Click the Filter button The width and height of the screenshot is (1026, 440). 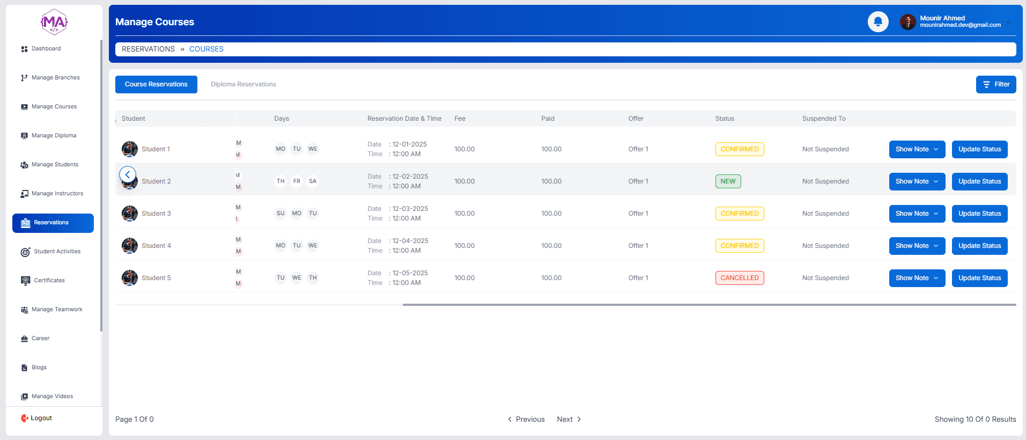[995, 84]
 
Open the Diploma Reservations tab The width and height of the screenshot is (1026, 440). [243, 84]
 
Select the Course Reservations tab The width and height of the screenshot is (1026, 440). [156, 84]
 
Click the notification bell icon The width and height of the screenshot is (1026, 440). [878, 22]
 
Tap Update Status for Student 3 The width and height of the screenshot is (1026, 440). [979, 214]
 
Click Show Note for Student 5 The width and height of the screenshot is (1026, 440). [917, 278]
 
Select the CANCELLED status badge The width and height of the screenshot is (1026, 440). [739, 278]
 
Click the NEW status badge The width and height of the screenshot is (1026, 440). [728, 181]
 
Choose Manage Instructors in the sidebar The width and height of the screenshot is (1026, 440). [57, 194]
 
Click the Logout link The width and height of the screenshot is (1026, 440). [41, 418]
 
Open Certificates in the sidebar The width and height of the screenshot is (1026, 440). [49, 281]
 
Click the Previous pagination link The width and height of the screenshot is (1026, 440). [526, 419]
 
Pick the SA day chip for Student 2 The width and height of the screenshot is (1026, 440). [313, 181]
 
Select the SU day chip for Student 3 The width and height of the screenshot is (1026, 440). [281, 214]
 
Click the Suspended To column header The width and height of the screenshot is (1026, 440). [823, 119]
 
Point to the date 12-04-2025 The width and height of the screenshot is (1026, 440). [410, 241]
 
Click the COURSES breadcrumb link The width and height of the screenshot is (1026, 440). [206, 49]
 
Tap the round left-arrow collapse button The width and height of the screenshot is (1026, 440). [128, 174]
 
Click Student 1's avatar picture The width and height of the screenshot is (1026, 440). [130, 149]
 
